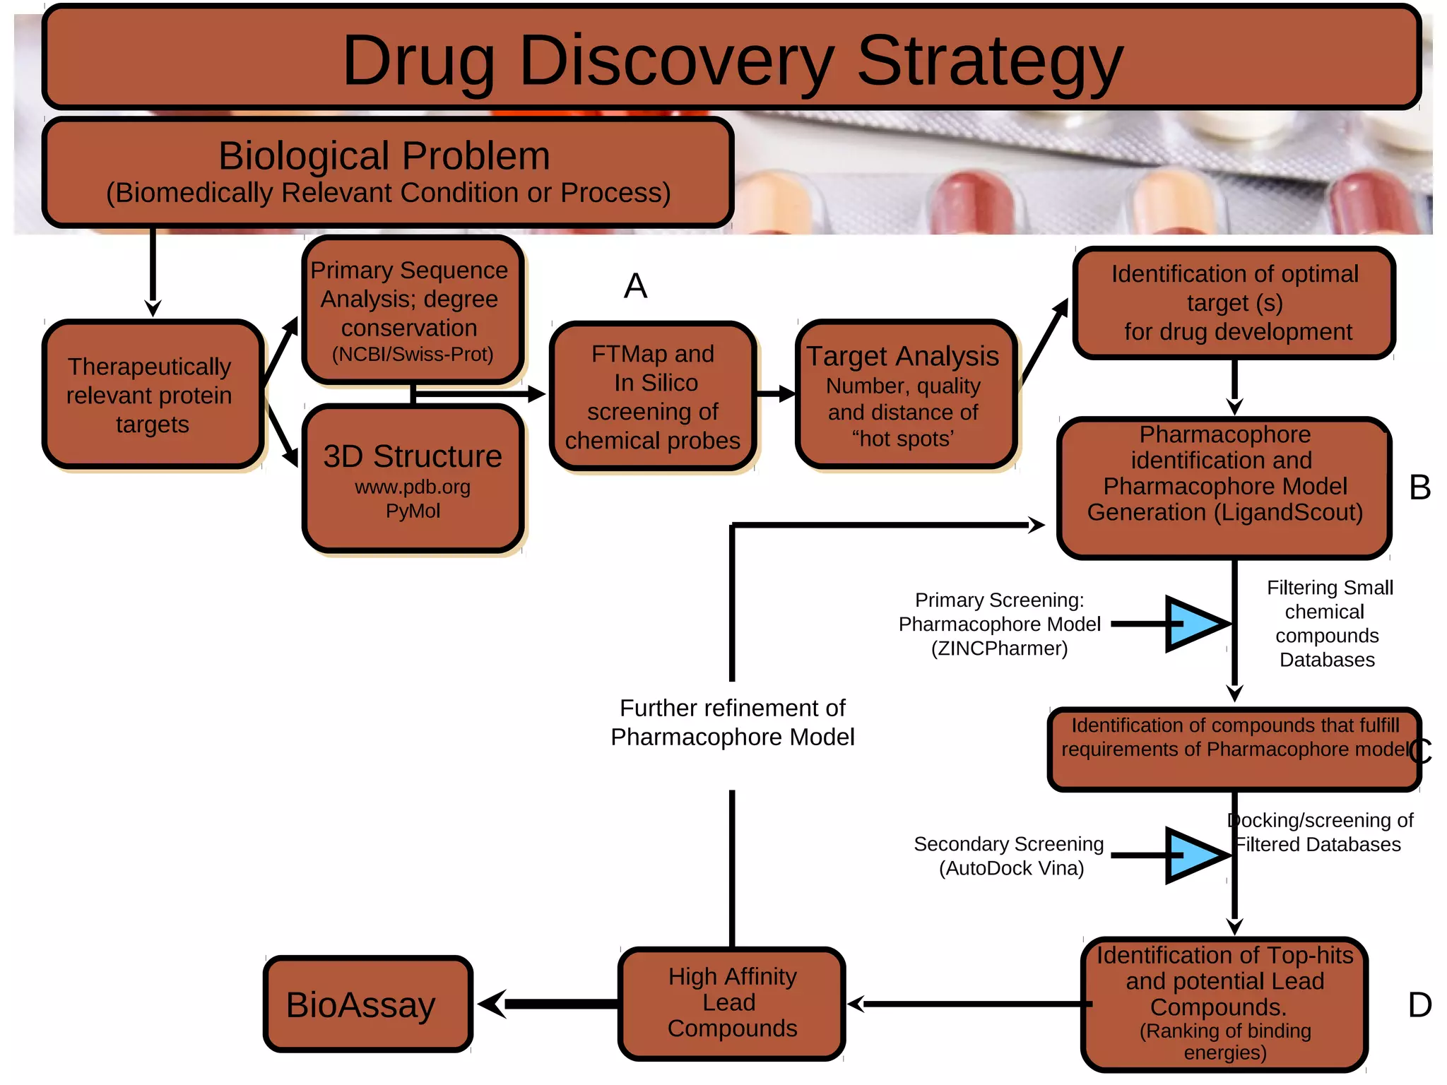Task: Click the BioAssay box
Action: (367, 1004)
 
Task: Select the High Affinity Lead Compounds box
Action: (732, 1003)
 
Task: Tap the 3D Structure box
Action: (413, 478)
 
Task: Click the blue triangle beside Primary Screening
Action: (1195, 623)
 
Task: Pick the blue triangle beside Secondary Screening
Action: (1195, 855)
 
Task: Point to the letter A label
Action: (635, 286)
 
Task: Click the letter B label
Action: (1419, 487)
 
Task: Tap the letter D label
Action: (1419, 1004)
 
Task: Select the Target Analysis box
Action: (906, 394)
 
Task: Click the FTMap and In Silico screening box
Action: (653, 396)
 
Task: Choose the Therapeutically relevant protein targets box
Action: (153, 394)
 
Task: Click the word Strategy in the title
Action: (989, 62)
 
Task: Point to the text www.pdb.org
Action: (413, 487)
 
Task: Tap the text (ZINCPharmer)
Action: (999, 648)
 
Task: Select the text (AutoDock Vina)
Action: (1011, 867)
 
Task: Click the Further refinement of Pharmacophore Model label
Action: (732, 722)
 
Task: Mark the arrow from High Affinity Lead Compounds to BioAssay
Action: (551, 1004)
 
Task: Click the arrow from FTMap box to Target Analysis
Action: (776, 394)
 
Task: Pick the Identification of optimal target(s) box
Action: (1234, 303)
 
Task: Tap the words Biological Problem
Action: (384, 155)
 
